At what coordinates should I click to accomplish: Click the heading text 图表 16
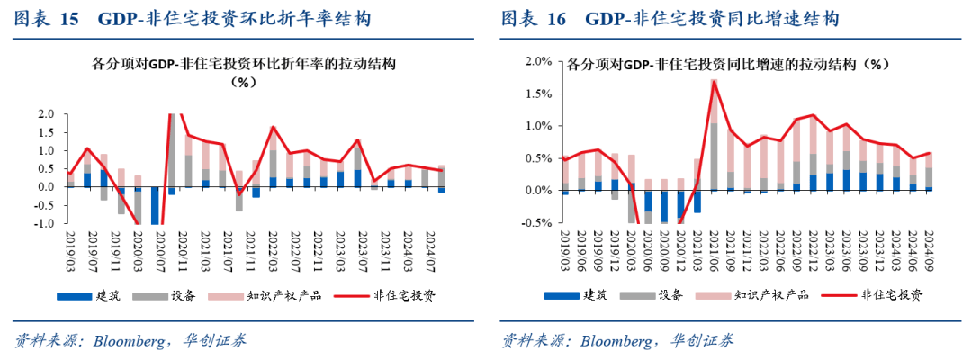[531, 18]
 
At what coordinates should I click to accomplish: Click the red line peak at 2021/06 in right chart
[714, 81]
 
